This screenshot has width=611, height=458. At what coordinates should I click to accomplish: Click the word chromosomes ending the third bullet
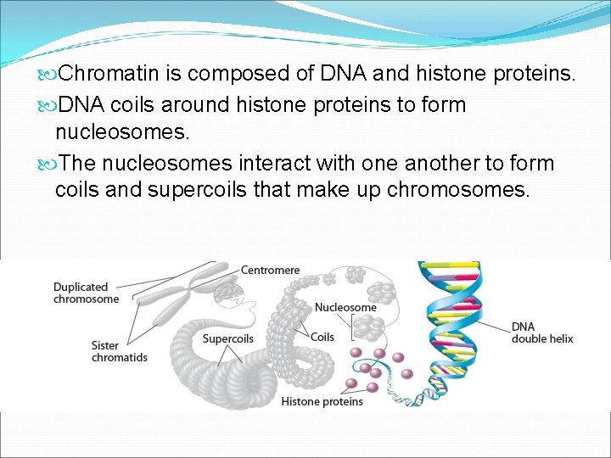(x=457, y=189)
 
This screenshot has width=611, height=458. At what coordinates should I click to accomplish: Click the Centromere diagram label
(x=270, y=271)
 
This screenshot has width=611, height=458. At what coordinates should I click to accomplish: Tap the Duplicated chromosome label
(x=86, y=293)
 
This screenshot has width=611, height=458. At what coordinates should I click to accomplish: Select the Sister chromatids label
(x=119, y=351)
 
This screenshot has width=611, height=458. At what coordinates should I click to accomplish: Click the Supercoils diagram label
(x=227, y=339)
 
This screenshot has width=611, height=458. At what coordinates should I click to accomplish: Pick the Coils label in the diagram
(x=322, y=337)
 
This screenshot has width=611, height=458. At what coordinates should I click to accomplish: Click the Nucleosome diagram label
(x=345, y=307)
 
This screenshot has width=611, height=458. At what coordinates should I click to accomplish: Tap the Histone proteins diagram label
(x=322, y=401)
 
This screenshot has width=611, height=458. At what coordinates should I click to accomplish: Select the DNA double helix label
(x=541, y=332)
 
